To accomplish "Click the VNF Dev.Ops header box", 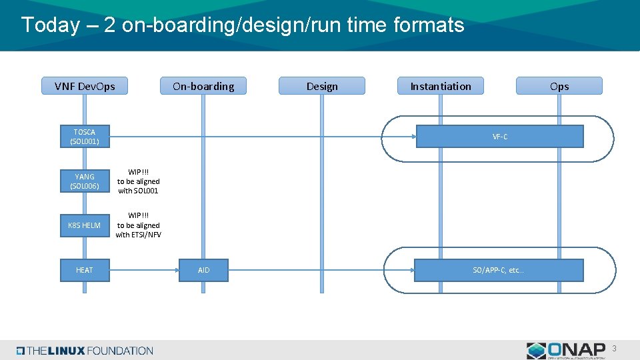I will pyautogui.click(x=85, y=86).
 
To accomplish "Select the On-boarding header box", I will pyautogui.click(x=203, y=86).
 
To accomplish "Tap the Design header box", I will pyautogui.click(x=322, y=86).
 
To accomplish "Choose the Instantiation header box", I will pyautogui.click(x=441, y=86).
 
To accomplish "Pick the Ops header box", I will pyautogui.click(x=559, y=86).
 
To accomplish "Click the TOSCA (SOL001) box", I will pyautogui.click(x=85, y=137).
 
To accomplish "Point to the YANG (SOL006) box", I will pyautogui.click(x=85, y=181).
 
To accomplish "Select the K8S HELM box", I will pyautogui.click(x=85, y=225).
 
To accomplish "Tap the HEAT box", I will pyautogui.click(x=85, y=270).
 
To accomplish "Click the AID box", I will pyautogui.click(x=203, y=270).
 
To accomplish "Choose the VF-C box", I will pyautogui.click(x=500, y=137).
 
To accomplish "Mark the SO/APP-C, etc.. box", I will pyautogui.click(x=499, y=270).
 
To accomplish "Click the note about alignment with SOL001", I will pyautogui.click(x=139, y=181).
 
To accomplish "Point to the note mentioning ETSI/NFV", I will pyautogui.click(x=139, y=225).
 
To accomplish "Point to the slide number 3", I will pyautogui.click(x=614, y=348).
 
